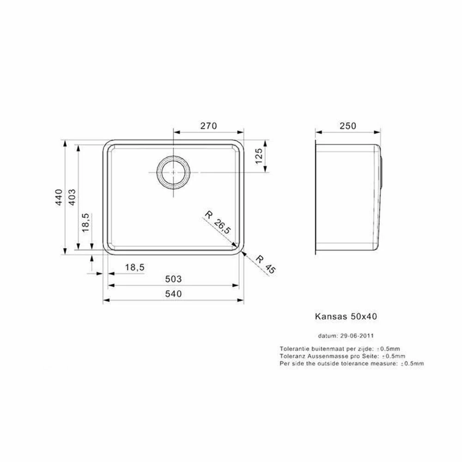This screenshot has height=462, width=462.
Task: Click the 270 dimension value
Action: coord(209,126)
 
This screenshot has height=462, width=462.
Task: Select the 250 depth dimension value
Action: coord(348,126)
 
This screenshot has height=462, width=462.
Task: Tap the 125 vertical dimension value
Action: coord(258,156)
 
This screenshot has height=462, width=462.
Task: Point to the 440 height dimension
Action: coord(59,197)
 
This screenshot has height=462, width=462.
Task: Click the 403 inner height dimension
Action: coord(72,197)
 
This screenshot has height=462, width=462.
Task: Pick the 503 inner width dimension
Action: coord(173,279)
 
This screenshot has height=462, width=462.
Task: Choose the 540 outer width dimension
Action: coord(173,294)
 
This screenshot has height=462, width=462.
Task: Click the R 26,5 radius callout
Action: coord(218,223)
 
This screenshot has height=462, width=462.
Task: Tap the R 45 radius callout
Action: coord(266,264)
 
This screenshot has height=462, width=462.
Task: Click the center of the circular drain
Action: coord(173,172)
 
